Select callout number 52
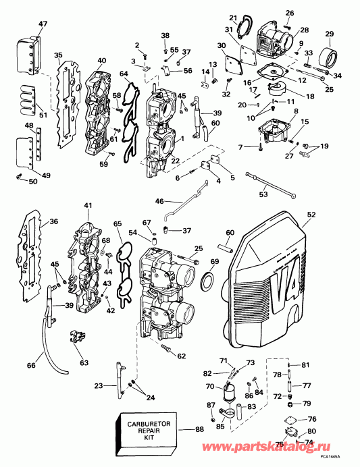coord(311,215)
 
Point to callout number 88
coord(199,430)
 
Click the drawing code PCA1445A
coord(344,461)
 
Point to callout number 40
coord(102,61)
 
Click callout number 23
coord(99,386)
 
